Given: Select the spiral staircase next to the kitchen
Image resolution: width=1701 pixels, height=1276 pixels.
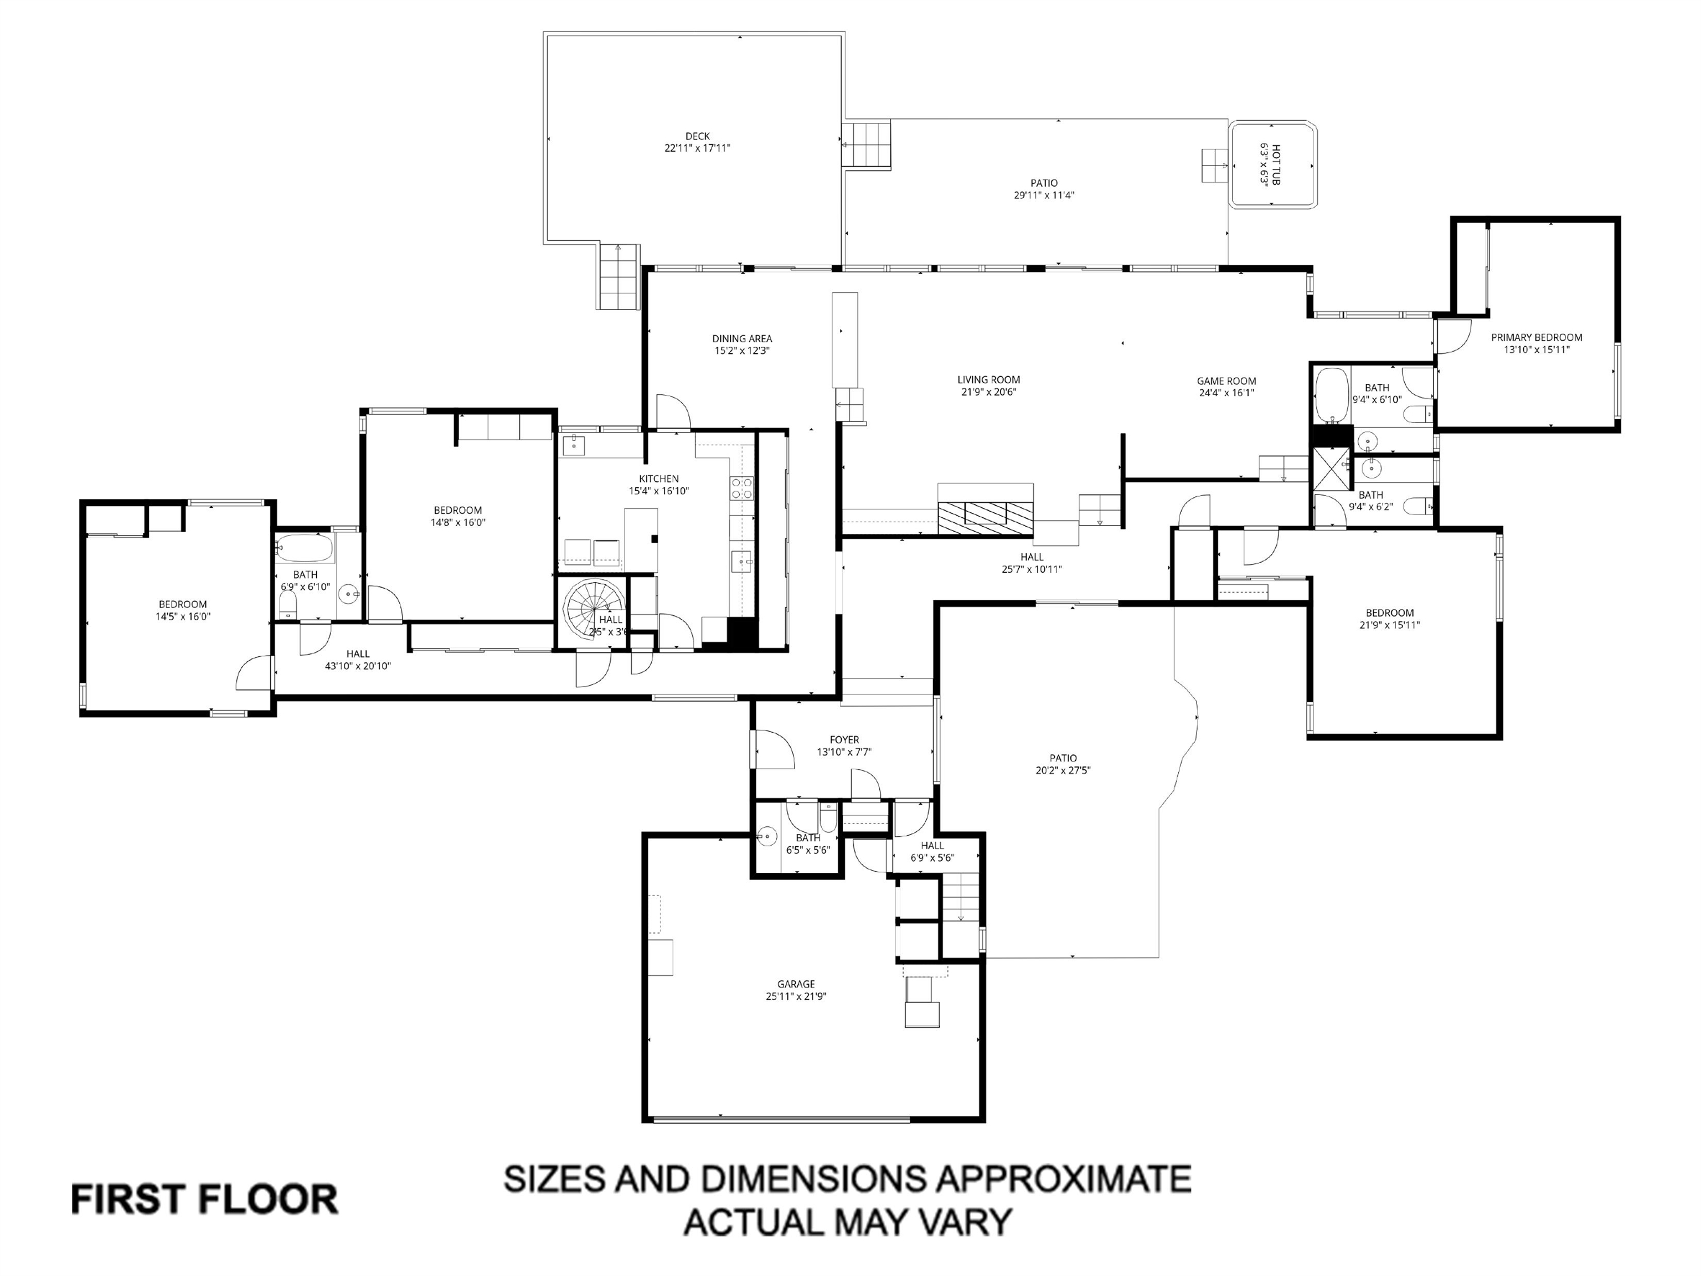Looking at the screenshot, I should [588, 608].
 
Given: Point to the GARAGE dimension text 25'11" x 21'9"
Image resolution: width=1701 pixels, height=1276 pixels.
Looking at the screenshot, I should [795, 996].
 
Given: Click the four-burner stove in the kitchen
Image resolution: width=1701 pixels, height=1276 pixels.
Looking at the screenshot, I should [741, 487].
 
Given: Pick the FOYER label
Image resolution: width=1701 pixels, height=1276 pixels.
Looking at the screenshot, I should [844, 740].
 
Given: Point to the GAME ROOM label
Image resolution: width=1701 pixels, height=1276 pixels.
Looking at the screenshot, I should [1226, 380].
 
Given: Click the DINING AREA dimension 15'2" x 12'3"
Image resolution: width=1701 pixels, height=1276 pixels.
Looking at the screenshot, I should [741, 351].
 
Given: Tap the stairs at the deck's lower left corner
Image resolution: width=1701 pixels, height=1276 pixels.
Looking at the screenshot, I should [619, 276].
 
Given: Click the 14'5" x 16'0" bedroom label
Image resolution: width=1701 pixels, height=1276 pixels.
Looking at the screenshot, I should [183, 605].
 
